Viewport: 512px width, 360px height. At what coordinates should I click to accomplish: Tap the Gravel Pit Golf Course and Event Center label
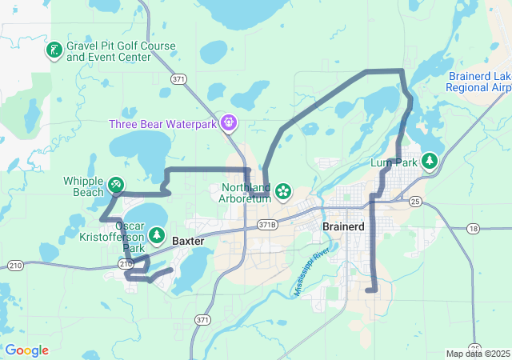click(121, 51)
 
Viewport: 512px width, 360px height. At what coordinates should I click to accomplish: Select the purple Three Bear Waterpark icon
click(230, 123)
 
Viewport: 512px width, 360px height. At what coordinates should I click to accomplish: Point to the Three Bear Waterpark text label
click(165, 124)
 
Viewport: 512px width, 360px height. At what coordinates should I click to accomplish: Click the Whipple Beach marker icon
click(117, 186)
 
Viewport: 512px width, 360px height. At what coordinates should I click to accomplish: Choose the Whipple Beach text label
click(83, 186)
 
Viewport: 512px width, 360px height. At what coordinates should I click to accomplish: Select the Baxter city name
click(189, 240)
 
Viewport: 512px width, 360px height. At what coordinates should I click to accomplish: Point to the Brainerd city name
click(343, 226)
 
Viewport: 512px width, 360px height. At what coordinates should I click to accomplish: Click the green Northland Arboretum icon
click(282, 191)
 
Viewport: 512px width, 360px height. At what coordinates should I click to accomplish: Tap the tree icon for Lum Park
click(430, 162)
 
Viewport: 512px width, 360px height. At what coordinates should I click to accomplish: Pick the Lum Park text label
click(395, 163)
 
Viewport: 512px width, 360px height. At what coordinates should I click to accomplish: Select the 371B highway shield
click(267, 225)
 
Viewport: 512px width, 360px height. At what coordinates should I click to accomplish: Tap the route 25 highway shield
click(414, 202)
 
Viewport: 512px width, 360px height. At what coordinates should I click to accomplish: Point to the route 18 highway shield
click(473, 229)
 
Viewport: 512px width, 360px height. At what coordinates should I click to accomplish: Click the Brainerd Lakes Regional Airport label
click(479, 81)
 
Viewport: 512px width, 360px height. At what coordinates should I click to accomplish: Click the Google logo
click(26, 350)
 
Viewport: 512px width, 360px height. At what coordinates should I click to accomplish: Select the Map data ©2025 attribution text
click(477, 354)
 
